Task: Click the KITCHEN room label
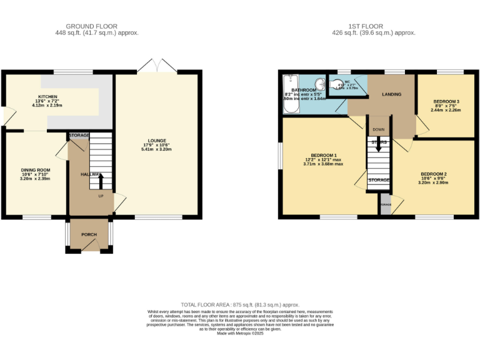47,97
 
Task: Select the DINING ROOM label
35,170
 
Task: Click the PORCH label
89,235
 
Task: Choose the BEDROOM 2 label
433,174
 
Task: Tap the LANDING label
391,94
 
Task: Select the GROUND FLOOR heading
97,26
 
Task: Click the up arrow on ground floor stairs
100,182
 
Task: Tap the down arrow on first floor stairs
378,149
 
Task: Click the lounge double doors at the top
156,65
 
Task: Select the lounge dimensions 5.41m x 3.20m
156,150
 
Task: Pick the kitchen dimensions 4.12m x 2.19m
47,106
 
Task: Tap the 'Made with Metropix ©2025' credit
240,334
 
